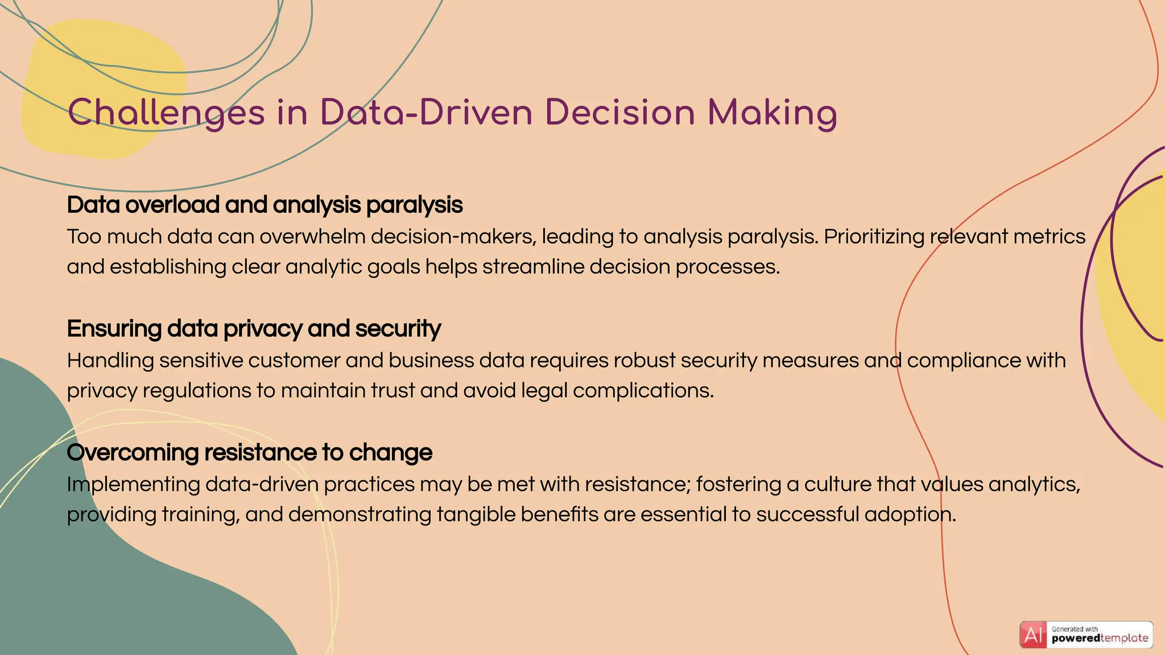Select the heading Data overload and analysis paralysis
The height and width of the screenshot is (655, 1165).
265,205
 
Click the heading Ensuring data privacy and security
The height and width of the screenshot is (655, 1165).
254,329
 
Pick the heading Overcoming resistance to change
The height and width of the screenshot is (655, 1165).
249,453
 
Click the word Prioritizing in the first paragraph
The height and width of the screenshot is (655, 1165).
874,237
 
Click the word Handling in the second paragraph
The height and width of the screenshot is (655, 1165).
110,360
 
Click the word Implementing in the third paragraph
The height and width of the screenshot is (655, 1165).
133,484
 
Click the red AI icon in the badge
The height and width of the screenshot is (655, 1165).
1033,635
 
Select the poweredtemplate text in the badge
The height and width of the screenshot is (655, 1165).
1100,639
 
